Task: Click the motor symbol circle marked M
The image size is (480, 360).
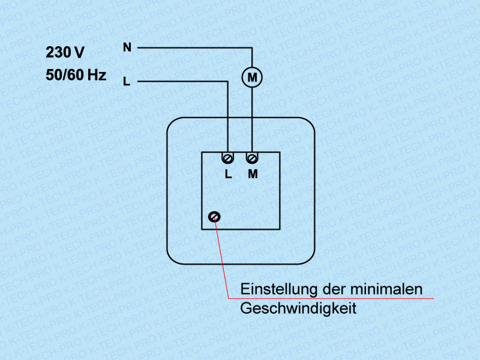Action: [252, 77]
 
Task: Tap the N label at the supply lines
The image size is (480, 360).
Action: [127, 47]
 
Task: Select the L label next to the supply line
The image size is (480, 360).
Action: [126, 81]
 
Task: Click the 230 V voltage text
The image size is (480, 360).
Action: [65, 53]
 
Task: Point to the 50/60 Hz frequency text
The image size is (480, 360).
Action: [76, 76]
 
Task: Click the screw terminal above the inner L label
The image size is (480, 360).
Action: [228, 158]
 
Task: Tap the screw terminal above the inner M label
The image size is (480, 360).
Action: [252, 158]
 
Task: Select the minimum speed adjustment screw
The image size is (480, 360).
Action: [214, 217]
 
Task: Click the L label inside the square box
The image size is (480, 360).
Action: [228, 175]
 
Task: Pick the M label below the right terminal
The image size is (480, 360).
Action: [252, 175]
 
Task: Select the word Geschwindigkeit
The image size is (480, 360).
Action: [298, 308]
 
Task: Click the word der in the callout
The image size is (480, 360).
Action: [333, 289]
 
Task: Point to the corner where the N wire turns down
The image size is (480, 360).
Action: [252, 47]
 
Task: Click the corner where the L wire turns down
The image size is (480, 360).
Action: [228, 81]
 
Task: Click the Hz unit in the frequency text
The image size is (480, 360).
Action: [97, 76]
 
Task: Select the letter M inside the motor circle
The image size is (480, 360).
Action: [252, 77]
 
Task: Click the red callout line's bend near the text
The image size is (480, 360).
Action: [229, 298]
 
